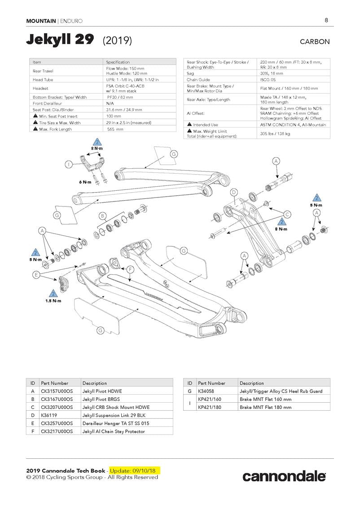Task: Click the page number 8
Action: point(326,20)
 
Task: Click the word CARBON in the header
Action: point(315,42)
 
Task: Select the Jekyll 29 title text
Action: point(60,40)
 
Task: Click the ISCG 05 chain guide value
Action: point(269,79)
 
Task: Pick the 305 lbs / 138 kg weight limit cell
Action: point(275,133)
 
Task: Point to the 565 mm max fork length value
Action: point(115,129)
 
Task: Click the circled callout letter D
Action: point(233,193)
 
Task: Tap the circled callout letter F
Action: point(130,269)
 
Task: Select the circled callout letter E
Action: point(36,274)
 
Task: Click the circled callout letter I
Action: point(69,165)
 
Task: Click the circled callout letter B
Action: point(102,216)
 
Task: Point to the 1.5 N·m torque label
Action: point(53,301)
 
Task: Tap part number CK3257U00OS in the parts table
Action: point(57,423)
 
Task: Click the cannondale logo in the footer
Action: point(284,476)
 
